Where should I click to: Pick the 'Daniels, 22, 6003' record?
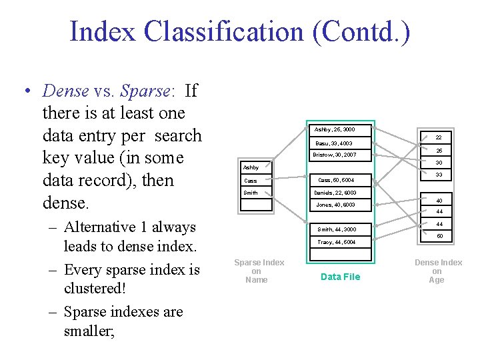(339, 193)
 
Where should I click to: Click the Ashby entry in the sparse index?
(251, 167)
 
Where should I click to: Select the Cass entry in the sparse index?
(251, 181)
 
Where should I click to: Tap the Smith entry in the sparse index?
(251, 193)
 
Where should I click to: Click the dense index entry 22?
(439, 138)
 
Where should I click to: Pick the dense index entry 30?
(439, 163)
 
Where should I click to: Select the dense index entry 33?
(439, 175)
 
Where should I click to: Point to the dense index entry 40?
(439, 200)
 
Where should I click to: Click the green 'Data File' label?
(340, 277)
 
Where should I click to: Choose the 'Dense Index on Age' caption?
(438, 271)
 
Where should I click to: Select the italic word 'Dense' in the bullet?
(65, 90)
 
